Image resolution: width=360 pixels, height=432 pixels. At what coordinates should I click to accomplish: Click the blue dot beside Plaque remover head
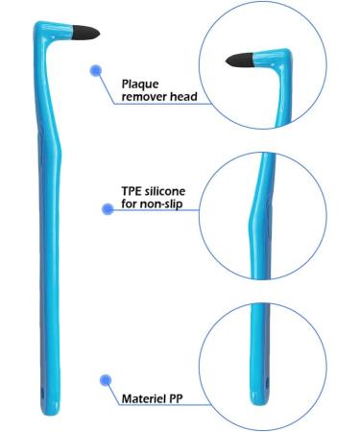(95, 70)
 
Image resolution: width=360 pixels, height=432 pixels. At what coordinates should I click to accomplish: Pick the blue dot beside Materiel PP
(107, 380)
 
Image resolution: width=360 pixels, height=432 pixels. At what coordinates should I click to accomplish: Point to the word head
(182, 97)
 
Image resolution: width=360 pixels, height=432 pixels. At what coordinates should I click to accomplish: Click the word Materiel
(145, 396)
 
